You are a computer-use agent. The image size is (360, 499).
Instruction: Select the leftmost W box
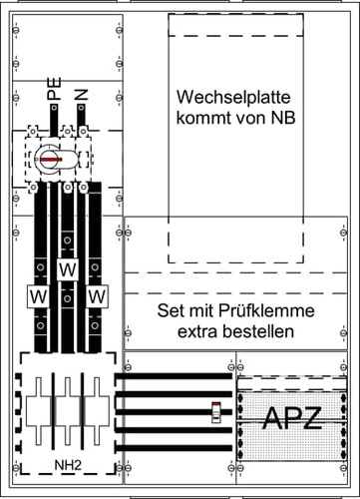35,296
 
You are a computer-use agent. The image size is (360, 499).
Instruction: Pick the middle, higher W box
67,270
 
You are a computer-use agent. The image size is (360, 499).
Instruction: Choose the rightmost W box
97,296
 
